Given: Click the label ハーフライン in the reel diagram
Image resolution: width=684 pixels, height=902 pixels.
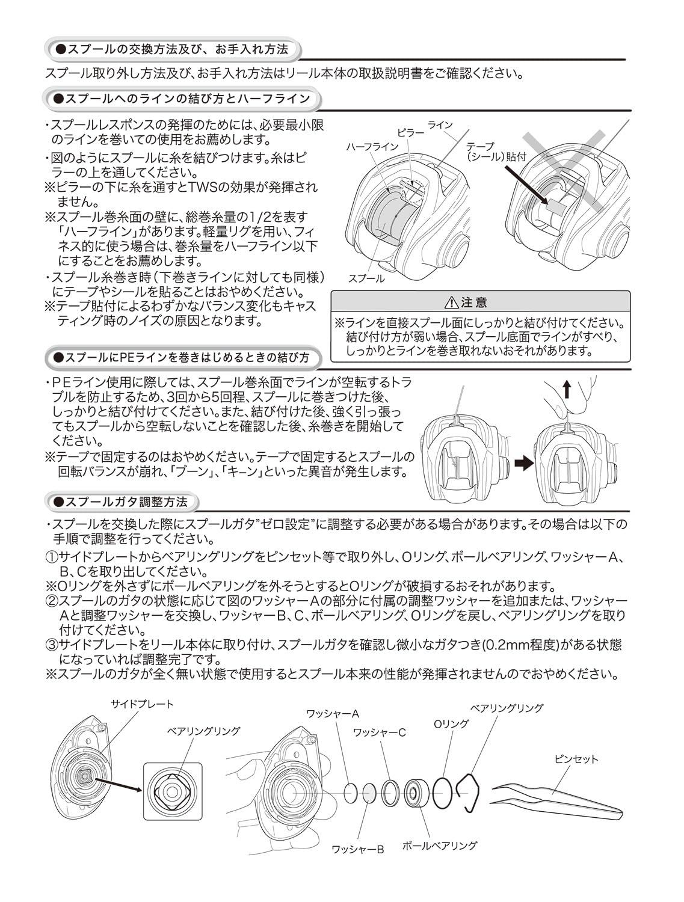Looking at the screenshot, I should coord(372,146).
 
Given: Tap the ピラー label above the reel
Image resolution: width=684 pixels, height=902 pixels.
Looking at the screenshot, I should coord(410,132).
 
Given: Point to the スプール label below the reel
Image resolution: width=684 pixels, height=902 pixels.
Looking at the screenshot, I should coord(366,279).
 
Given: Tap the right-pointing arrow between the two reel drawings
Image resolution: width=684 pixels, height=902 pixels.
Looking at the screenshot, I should coord(524,463).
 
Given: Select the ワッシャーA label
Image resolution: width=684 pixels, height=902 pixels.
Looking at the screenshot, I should coord(332,714).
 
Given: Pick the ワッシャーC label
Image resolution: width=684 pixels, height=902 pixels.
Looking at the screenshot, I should coord(379,732).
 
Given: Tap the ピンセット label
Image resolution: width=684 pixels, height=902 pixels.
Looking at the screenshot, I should coord(576,759).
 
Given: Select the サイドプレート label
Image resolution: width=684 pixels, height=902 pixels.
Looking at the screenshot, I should coord(142,704).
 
